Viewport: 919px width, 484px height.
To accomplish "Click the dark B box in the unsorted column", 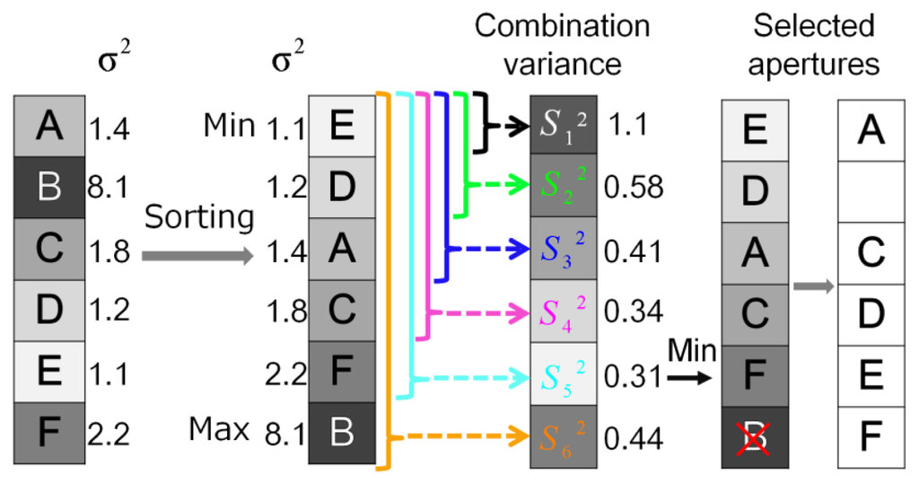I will (x=49, y=189).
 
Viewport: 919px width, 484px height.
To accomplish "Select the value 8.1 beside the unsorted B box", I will (x=109, y=189).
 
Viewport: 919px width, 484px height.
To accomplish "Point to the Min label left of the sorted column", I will (x=230, y=126).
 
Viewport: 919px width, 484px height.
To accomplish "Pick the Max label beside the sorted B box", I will (x=219, y=431).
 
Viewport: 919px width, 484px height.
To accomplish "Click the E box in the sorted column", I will (x=341, y=127).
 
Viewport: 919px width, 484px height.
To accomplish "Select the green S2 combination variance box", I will (x=564, y=186).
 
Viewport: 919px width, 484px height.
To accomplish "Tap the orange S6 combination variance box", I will (x=564, y=437).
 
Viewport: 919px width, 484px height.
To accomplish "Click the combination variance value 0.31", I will (x=634, y=375).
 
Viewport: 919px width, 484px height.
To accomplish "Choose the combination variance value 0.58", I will (x=634, y=187).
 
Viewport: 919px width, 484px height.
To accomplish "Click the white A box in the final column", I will (x=870, y=131).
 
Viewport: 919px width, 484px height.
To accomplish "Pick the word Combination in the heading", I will (x=562, y=26).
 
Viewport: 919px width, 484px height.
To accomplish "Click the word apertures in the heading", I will (x=813, y=65).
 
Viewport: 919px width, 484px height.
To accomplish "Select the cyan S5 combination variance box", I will (x=564, y=374).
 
